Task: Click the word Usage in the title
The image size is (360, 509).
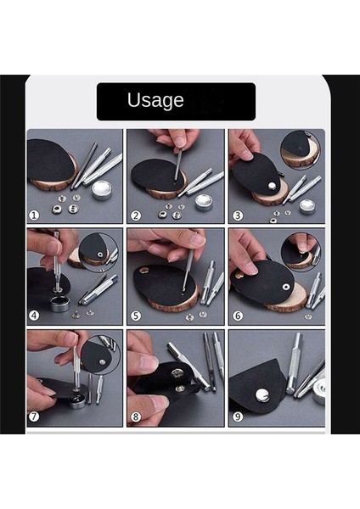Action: (155, 100)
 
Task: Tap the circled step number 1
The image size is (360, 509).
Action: (35, 215)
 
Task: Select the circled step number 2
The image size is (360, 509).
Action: (135, 215)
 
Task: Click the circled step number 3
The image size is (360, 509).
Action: (235, 215)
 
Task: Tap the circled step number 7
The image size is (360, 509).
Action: (35, 417)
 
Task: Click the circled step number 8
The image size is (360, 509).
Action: (135, 417)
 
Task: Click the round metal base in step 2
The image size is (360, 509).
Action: (204, 201)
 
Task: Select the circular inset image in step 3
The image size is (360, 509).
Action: (301, 149)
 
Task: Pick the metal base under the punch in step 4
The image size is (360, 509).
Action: (59, 301)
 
